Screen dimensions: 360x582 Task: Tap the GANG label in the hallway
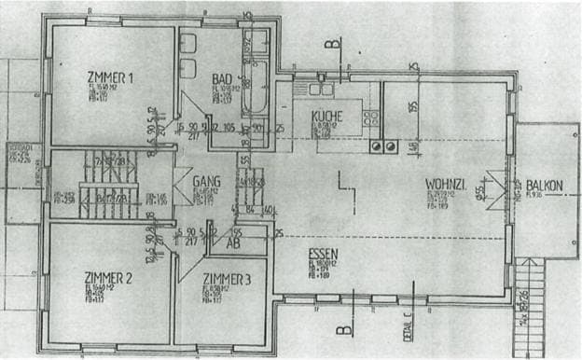click(x=205, y=181)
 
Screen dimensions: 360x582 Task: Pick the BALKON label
click(x=543, y=185)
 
